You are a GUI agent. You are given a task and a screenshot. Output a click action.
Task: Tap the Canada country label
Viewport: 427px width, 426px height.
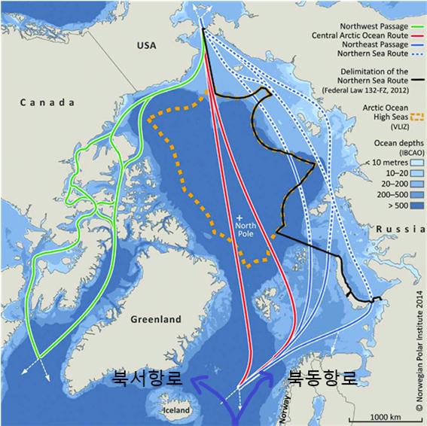click(x=49, y=102)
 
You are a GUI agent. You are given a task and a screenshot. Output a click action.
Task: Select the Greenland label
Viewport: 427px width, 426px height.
click(x=155, y=319)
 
